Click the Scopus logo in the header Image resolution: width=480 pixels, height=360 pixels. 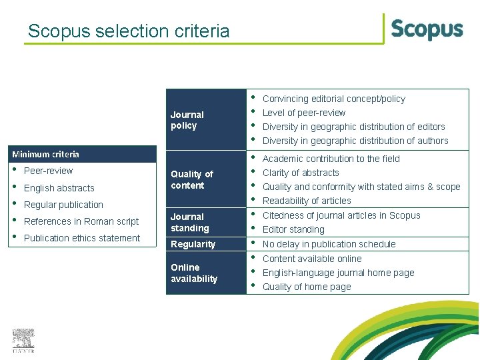[427, 29]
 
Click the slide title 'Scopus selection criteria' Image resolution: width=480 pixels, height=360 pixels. [129, 31]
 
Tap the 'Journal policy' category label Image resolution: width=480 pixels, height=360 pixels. [187, 120]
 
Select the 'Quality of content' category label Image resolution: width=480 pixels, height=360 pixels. [191, 179]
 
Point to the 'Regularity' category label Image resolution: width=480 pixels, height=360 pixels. [193, 244]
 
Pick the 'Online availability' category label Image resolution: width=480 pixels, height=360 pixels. [193, 273]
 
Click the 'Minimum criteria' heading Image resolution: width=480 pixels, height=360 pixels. [45, 154]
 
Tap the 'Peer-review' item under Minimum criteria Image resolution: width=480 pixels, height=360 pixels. [48, 171]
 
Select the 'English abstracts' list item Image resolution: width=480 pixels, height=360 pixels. [59, 188]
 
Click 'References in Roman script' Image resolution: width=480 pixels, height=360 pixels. [81, 221]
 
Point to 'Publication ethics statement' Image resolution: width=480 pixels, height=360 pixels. [82, 238]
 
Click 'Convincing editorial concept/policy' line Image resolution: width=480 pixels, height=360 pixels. [333, 99]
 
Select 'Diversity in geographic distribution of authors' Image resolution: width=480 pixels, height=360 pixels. [355, 141]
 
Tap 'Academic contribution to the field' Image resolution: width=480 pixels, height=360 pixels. [331, 159]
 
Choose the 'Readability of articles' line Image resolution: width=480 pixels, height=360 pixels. [307, 201]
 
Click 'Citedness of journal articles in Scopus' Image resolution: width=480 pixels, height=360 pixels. [341, 215]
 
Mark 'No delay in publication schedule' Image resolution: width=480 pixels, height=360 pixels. [329, 244]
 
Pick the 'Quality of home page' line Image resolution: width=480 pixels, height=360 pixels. [306, 287]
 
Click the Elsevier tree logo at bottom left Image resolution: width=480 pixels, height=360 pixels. [23, 341]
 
